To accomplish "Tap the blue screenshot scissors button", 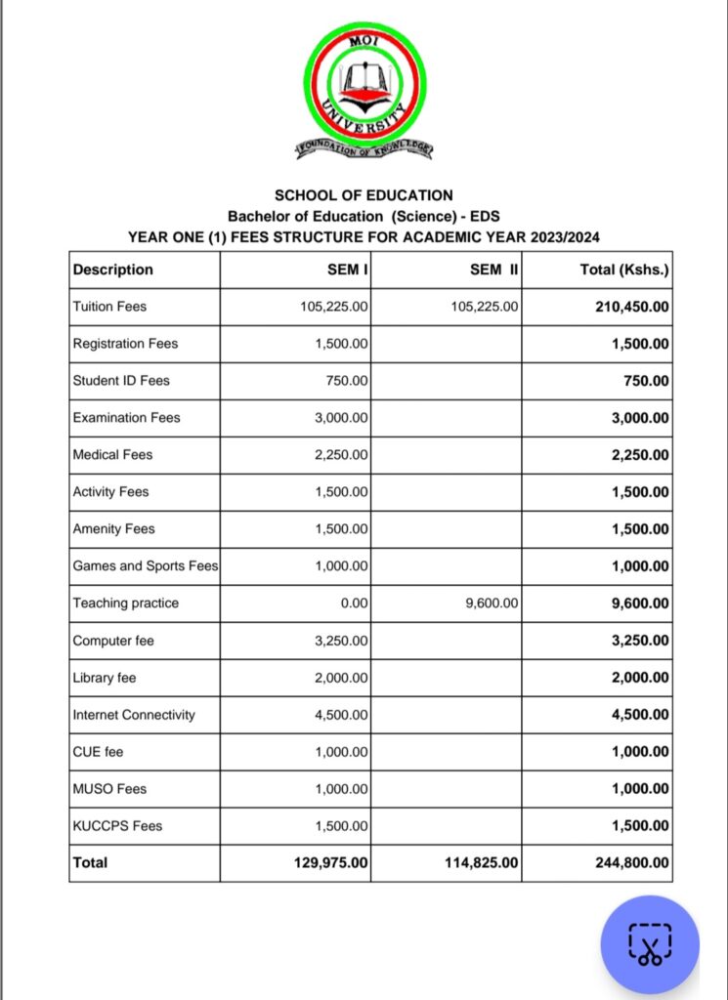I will click(x=650, y=944).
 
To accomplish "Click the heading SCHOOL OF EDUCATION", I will click(x=364, y=195).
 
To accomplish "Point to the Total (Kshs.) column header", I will click(x=624, y=270).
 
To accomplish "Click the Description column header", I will click(x=113, y=270).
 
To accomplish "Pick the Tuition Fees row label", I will click(x=109, y=307).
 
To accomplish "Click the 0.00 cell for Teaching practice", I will click(x=354, y=604).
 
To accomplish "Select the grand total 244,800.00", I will click(x=632, y=863).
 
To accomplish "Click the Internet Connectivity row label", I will click(x=134, y=715).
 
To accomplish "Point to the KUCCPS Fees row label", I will click(x=117, y=826).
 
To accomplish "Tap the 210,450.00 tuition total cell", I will click(x=632, y=307).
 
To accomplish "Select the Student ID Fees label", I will click(x=121, y=381).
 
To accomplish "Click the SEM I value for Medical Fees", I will click(x=341, y=455).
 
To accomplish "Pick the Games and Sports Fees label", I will click(x=146, y=566).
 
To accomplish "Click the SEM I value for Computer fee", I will click(x=341, y=641).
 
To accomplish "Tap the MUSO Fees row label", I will click(x=109, y=789).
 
